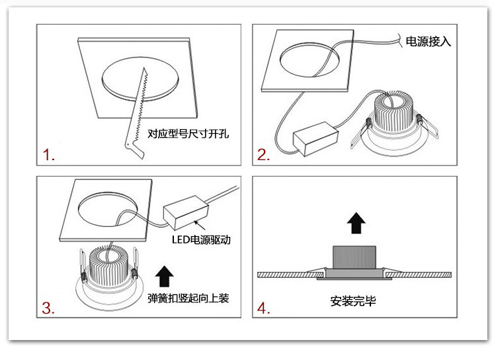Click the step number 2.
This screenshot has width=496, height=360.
coord(263,156)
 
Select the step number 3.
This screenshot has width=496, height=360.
coord(48,308)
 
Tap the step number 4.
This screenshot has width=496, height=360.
coord(264,308)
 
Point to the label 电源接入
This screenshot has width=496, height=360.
coord(428,41)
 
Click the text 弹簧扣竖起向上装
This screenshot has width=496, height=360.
coord(188,299)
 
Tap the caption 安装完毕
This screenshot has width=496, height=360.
coord(354,302)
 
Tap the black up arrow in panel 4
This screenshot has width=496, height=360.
coord(356,222)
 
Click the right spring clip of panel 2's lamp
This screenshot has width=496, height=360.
coord(428,121)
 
